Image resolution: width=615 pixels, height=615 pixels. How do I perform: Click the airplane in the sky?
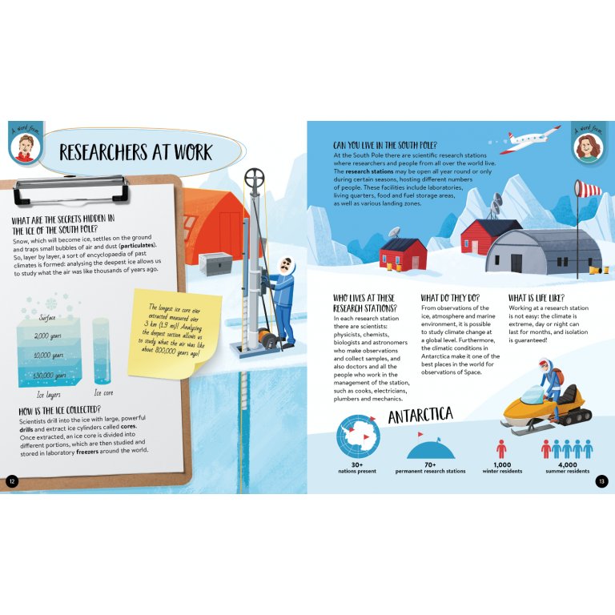[x=530, y=139]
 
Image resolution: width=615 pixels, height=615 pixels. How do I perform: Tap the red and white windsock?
[x=588, y=189]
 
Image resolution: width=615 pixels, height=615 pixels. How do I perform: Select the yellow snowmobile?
[x=547, y=410]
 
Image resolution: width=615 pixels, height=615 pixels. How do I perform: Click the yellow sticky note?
[x=174, y=334]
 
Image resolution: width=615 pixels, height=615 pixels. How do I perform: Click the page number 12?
[x=12, y=481]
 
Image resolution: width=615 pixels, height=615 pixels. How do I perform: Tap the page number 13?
[x=601, y=481]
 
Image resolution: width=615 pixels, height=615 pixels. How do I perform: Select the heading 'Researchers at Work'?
[x=135, y=152]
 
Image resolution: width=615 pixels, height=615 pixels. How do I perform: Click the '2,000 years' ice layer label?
[x=47, y=336]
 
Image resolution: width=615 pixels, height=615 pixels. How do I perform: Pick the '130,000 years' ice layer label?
[x=49, y=376]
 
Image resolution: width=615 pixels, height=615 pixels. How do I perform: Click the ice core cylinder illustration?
[x=101, y=351]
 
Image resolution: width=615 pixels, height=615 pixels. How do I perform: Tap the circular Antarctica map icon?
[x=358, y=436]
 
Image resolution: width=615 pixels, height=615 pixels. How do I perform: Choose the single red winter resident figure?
[x=500, y=449]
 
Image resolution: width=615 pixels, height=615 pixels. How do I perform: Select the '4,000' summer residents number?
[x=567, y=464]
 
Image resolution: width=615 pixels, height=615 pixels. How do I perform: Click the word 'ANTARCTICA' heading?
[x=420, y=416]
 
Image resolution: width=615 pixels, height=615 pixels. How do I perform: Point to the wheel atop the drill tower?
[x=254, y=179]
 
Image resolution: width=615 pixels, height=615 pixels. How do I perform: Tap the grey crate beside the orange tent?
[x=215, y=263]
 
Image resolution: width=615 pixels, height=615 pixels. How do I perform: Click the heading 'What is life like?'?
[x=537, y=298]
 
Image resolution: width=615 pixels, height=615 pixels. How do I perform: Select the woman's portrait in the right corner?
[x=587, y=148]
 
